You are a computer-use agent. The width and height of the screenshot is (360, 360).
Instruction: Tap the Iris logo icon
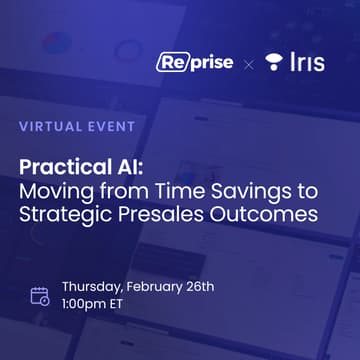pyautogui.click(x=273, y=62)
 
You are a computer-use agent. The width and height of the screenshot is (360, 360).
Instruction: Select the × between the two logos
pyautogui.click(x=249, y=63)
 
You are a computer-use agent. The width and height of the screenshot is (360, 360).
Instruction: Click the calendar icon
pyautogui.click(x=40, y=296)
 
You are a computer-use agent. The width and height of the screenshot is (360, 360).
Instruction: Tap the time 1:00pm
pyautogui.click(x=88, y=307)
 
